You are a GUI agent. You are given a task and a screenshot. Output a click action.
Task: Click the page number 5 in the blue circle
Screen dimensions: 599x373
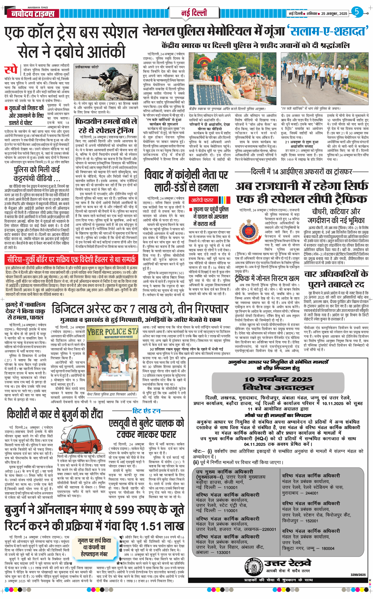tap(357, 12)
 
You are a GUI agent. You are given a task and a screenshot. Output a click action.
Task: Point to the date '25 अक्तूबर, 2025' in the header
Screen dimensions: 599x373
tap(334, 14)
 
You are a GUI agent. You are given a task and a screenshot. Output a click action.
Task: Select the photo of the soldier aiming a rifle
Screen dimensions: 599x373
tap(106, 83)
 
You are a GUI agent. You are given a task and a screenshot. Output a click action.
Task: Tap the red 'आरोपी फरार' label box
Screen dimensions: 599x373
tap(202, 200)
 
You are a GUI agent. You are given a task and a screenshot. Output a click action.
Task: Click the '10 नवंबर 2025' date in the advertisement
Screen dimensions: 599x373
tap(278, 379)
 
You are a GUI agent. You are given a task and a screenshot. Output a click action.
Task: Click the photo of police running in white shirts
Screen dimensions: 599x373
tap(324, 78)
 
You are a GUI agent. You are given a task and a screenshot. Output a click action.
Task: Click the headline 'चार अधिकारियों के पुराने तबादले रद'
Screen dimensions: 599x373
tap(336, 279)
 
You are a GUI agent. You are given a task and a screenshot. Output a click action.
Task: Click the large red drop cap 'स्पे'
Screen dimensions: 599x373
tap(11, 70)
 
